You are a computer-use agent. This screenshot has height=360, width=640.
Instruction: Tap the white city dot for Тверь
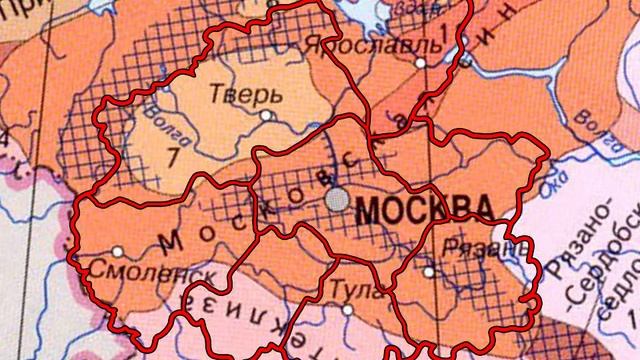266,115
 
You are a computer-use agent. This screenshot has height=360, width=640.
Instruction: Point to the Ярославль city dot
421,62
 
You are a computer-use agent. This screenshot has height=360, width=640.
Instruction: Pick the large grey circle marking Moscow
337,200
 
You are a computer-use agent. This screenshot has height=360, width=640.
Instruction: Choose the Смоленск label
125,270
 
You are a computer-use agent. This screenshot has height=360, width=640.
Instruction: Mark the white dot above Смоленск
118,250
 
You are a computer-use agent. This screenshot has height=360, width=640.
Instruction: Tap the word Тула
343,290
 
